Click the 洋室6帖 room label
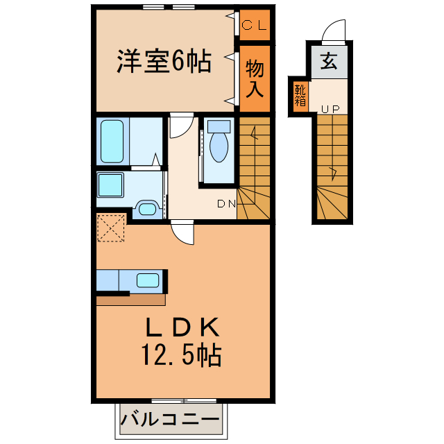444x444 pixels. (x=164, y=63)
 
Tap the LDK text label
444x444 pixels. (x=182, y=326)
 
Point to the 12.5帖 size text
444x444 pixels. (x=182, y=355)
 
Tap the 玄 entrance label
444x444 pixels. (x=328, y=63)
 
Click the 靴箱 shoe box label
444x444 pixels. (x=300, y=94)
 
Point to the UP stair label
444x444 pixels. (x=329, y=110)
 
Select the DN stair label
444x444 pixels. (x=226, y=203)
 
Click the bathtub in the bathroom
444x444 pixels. (x=111, y=142)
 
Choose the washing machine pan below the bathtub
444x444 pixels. (x=110, y=185)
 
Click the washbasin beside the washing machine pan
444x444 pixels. (x=146, y=209)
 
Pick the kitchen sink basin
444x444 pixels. (x=148, y=280)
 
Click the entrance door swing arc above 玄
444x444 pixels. (x=334, y=32)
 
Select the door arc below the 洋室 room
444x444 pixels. (x=180, y=125)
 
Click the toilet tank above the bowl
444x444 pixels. (x=219, y=127)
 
